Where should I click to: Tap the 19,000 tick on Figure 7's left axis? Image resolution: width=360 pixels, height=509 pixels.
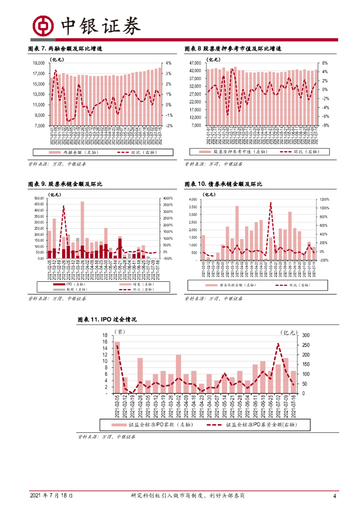pyautogui.click(x=38, y=63)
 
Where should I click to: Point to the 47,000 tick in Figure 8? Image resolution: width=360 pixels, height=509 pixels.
pyautogui.click(x=195, y=63)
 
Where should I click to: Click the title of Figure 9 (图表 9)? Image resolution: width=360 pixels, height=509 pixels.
pyautogui.click(x=65, y=184)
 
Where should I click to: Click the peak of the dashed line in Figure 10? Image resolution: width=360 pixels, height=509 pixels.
pyautogui.click(x=270, y=203)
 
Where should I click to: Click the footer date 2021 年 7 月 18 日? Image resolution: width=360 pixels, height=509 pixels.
pyautogui.click(x=52, y=496)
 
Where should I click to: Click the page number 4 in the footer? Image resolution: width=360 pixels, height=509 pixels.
pyautogui.click(x=335, y=496)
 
